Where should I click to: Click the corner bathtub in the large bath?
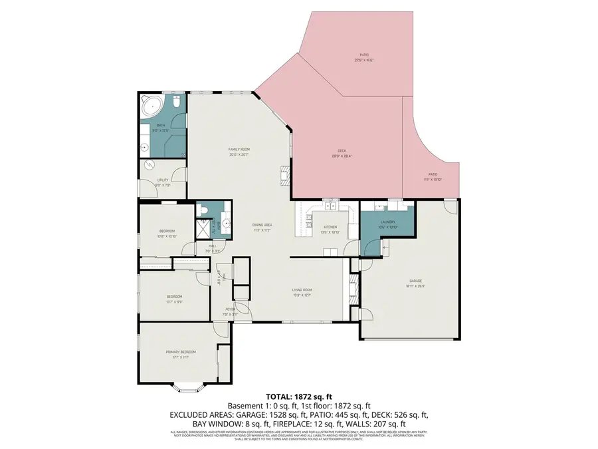point(151,106)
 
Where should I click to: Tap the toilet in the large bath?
point(177,102)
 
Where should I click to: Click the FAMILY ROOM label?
point(239,149)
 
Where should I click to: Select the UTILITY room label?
point(162,180)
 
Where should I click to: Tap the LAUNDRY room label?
point(387,222)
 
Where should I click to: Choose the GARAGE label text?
point(416,281)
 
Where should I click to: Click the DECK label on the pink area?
point(342,151)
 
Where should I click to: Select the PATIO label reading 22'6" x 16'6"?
point(364,55)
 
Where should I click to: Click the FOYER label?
point(230,309)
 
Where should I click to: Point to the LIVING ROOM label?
point(302,290)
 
